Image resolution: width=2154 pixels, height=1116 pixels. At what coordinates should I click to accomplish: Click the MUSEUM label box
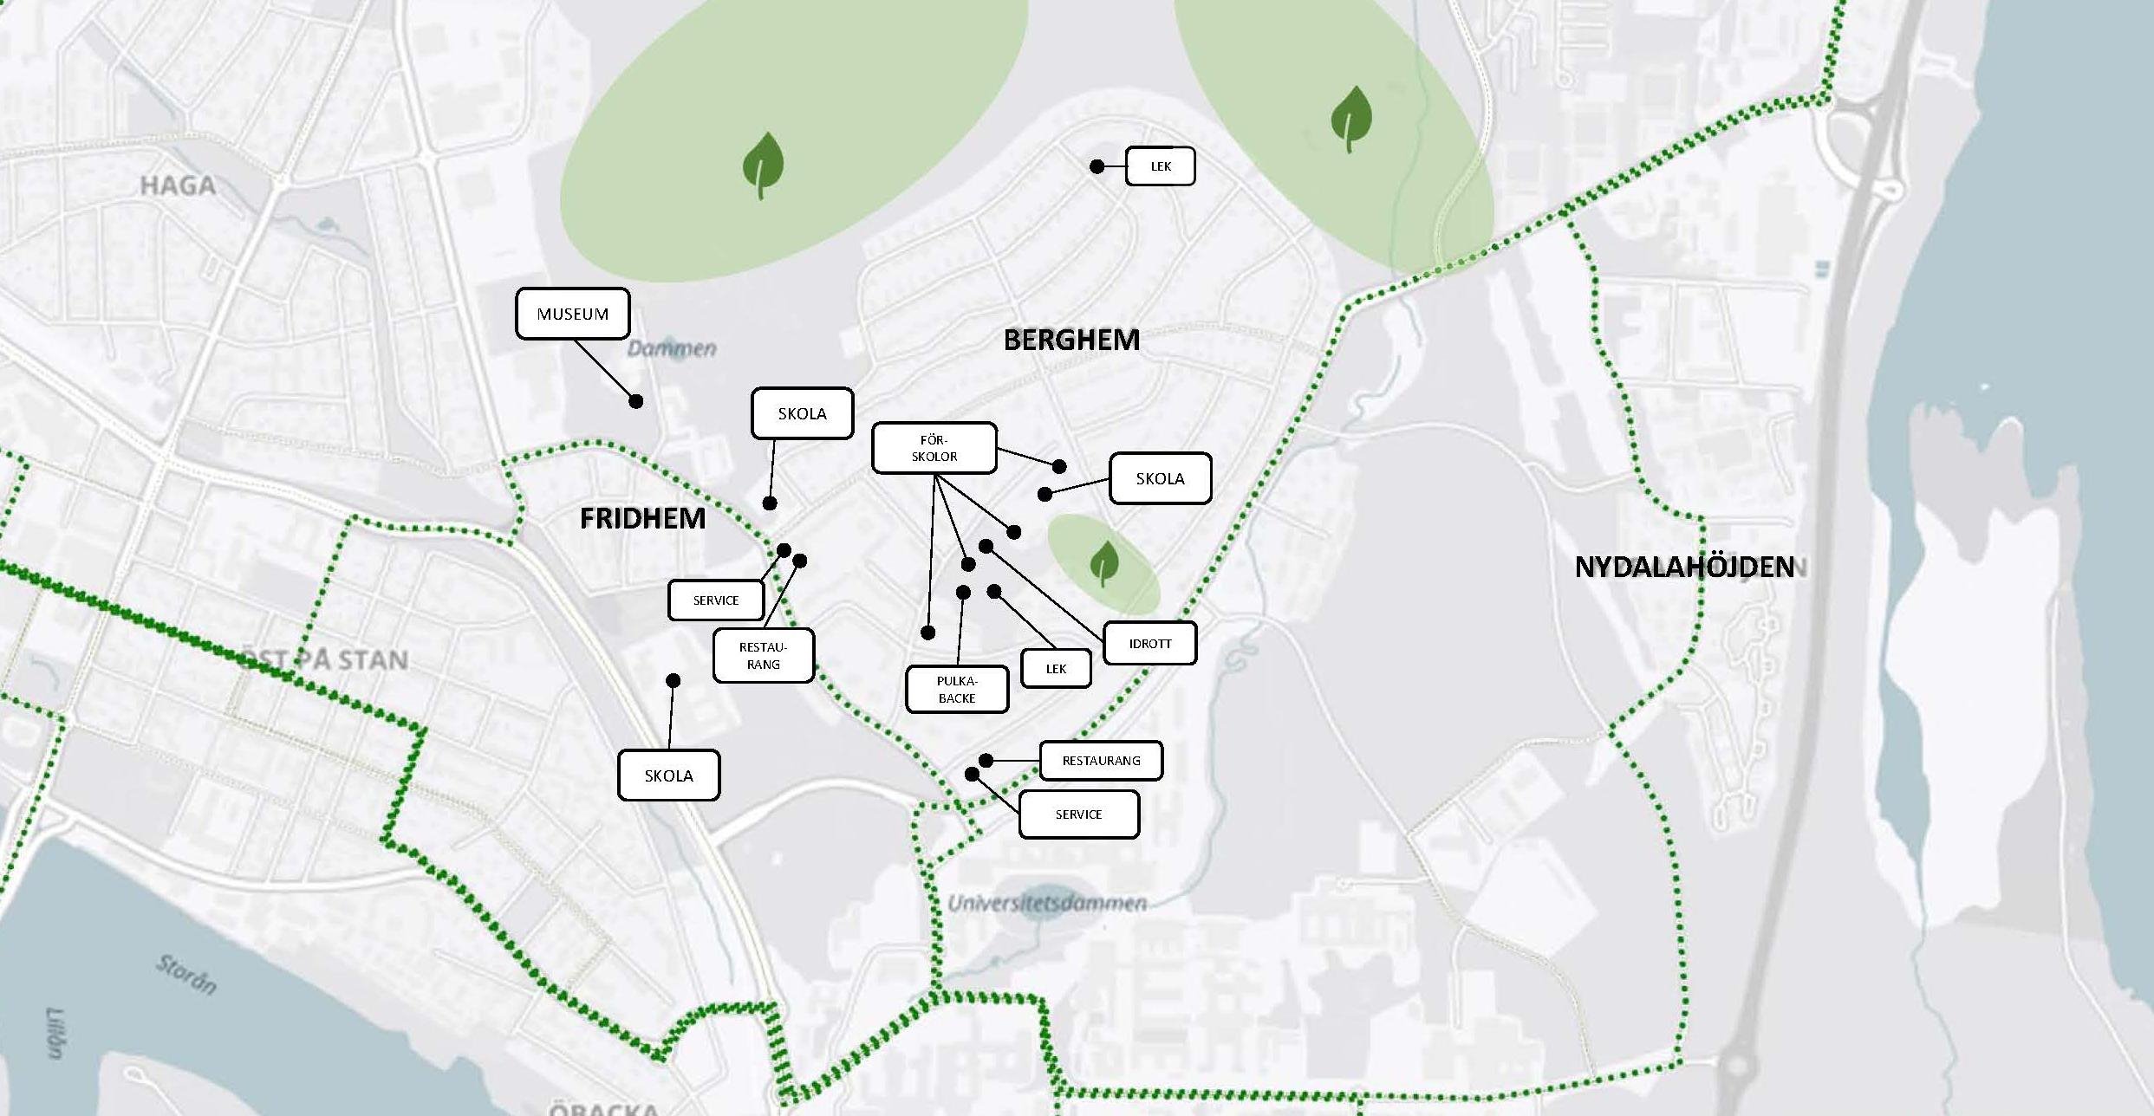click(x=572, y=314)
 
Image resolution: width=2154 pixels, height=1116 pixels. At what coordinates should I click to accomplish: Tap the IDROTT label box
click(x=1149, y=644)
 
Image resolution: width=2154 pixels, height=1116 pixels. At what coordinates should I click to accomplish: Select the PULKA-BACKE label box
click(x=957, y=690)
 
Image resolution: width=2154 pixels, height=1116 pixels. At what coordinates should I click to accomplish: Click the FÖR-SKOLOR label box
click(x=934, y=448)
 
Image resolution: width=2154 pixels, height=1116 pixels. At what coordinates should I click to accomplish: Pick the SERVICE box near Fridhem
click(x=716, y=600)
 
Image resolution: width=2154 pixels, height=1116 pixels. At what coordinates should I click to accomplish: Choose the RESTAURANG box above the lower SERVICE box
click(x=1101, y=761)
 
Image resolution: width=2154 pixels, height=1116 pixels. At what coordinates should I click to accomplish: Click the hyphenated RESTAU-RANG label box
click(x=763, y=656)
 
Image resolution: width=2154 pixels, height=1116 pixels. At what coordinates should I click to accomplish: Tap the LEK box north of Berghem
click(x=1160, y=166)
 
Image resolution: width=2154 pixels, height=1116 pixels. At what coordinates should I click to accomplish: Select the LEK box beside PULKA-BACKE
click(x=1056, y=669)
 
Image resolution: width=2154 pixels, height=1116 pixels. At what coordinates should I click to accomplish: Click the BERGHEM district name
click(x=1071, y=340)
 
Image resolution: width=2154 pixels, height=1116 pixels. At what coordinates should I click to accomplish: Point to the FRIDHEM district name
click(x=642, y=518)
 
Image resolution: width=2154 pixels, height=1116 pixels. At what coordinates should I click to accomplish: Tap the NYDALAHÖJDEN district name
click(x=1684, y=568)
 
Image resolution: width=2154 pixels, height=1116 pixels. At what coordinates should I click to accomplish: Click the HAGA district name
click(x=178, y=185)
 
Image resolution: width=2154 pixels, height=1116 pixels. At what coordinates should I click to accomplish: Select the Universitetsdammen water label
click(x=1047, y=904)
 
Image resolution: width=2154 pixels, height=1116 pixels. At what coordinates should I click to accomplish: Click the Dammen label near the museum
click(x=672, y=348)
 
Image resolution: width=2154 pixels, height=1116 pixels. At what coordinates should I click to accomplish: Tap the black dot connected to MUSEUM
click(x=635, y=401)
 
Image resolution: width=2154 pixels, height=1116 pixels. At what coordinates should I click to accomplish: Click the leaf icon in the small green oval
click(x=1103, y=563)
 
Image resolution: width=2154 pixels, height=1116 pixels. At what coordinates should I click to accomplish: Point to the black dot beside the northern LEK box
click(x=1097, y=166)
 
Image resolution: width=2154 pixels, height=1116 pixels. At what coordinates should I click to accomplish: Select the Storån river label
click(x=186, y=974)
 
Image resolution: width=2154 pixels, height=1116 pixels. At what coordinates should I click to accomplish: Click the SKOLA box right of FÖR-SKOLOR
click(x=1160, y=478)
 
